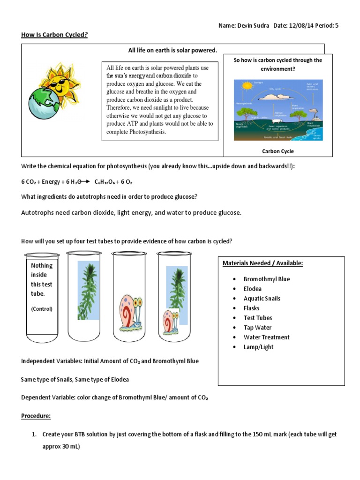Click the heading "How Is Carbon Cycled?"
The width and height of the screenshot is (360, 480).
pyautogui.click(x=54, y=34)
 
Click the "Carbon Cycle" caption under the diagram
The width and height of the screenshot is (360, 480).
pyautogui.click(x=277, y=151)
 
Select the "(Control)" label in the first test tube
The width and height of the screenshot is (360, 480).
pyautogui.click(x=42, y=309)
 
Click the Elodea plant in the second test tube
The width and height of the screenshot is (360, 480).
pyautogui.click(x=89, y=291)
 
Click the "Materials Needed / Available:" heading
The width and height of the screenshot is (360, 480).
pyautogui.click(x=262, y=263)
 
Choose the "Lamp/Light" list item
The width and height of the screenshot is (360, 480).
pyautogui.click(x=258, y=347)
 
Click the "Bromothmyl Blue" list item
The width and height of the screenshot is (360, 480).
pyautogui.click(x=267, y=279)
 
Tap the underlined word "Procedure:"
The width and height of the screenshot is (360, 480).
pyautogui.click(x=36, y=416)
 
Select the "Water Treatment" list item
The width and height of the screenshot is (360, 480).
pyautogui.click(x=266, y=337)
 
